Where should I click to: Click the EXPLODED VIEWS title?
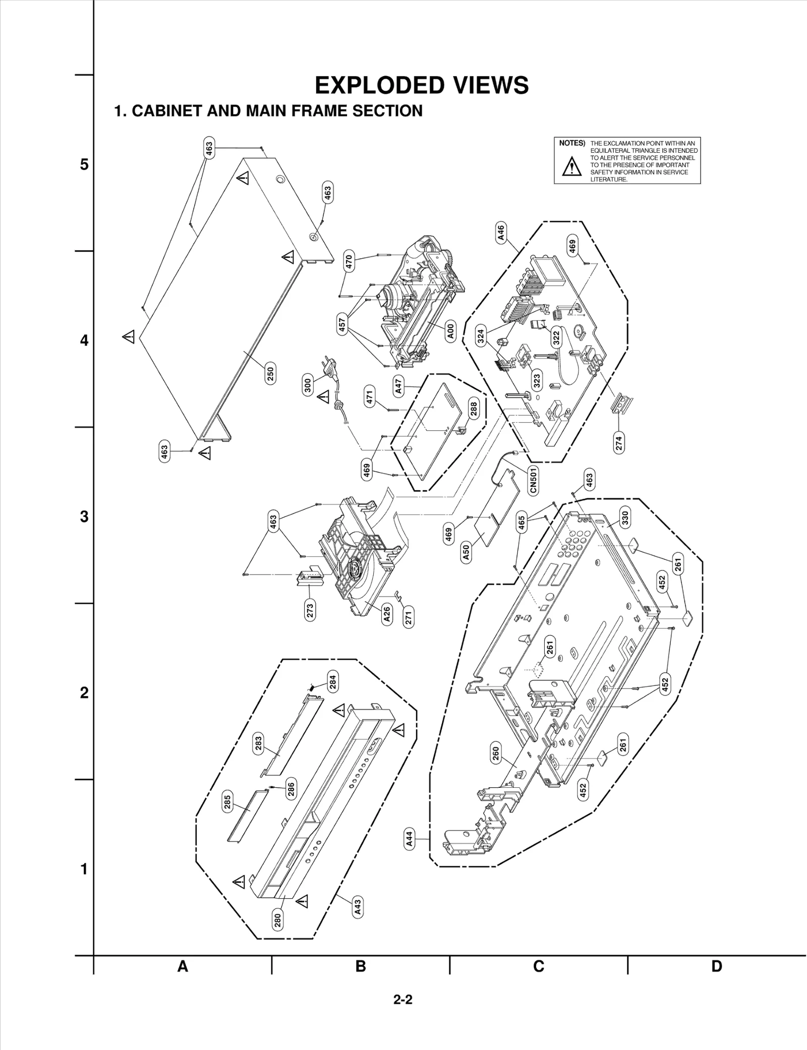422,85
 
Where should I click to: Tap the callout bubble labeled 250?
270,374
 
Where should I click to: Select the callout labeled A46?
500,232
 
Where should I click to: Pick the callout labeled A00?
451,331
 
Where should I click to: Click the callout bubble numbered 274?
619,442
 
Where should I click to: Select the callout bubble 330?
624,518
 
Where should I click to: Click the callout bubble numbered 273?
310,611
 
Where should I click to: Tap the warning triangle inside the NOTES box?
571,166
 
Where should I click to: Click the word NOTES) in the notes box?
572,143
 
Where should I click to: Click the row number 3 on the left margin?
84,516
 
